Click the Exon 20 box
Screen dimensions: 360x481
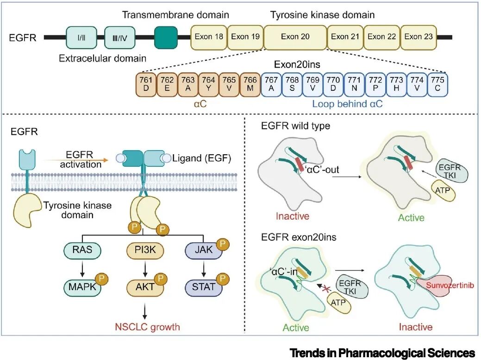point(295,37)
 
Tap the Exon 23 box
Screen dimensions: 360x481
point(419,37)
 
